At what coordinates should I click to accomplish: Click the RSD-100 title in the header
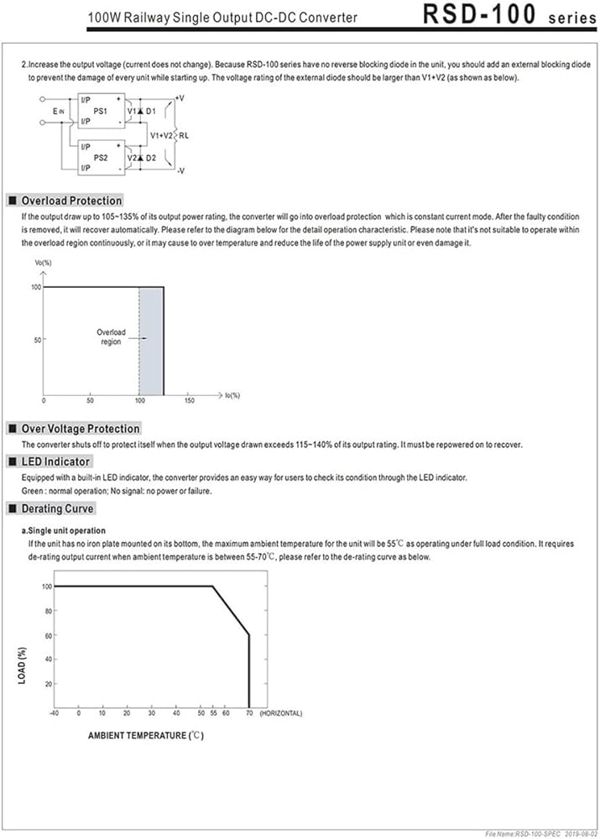coord(478,16)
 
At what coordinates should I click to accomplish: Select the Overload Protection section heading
coord(71,201)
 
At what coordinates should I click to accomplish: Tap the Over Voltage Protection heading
coord(81,429)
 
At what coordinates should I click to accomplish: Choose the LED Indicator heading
coord(55,461)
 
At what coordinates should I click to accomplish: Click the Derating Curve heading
coord(58,508)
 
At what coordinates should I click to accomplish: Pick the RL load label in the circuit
coord(184,134)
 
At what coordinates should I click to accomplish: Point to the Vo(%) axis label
coord(43,263)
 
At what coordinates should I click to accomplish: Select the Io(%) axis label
coord(232,394)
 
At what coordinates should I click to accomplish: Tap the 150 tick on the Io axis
coord(189,402)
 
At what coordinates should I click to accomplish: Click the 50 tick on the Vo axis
coord(36,340)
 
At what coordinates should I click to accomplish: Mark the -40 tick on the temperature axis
coord(54,713)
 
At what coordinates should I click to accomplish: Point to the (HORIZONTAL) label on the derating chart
coord(280,713)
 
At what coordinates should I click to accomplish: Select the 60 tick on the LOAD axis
coord(47,635)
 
